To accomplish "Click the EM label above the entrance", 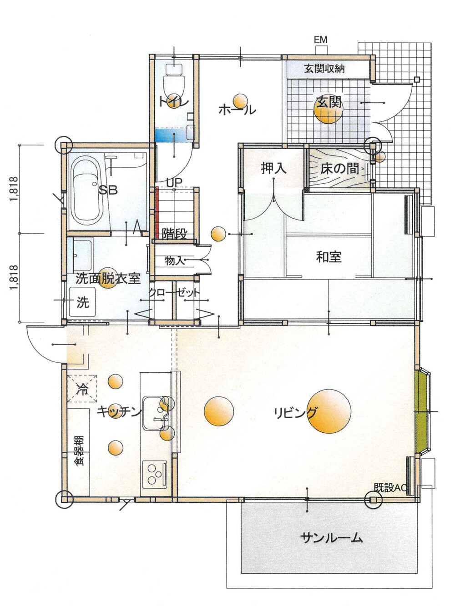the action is (320, 40).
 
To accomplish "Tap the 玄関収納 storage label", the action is (324, 68).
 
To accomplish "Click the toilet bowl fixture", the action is (174, 80).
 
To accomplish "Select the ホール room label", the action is (238, 110).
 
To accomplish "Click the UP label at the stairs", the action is (174, 182).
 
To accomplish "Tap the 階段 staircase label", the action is (174, 234).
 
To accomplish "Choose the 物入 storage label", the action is (175, 260).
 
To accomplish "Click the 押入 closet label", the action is (273, 168).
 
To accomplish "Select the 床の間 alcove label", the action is (339, 168).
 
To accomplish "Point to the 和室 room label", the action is (329, 257).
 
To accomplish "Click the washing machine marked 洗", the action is (82, 302).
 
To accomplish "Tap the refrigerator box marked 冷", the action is (82, 389).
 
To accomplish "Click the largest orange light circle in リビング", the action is (329, 411).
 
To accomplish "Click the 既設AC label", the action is (390, 488).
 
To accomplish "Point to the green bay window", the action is (422, 411).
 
